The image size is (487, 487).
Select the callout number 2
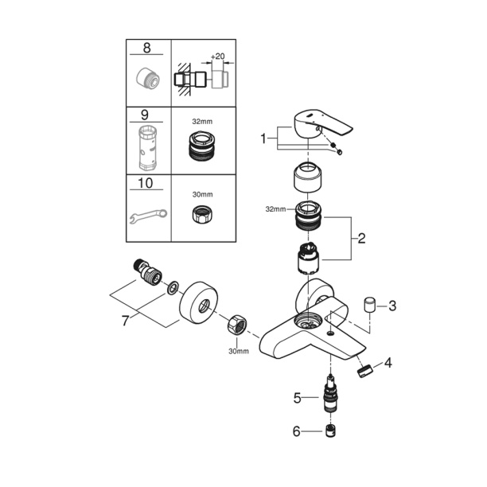pyautogui.click(x=361, y=237)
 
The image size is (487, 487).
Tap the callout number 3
pyautogui.click(x=391, y=306)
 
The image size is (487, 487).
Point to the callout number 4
pyautogui.click(x=388, y=364)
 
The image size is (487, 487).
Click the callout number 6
pyautogui.click(x=297, y=431)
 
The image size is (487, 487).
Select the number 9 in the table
pyautogui.click(x=146, y=115)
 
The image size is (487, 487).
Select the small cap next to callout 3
pyautogui.click(x=369, y=306)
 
